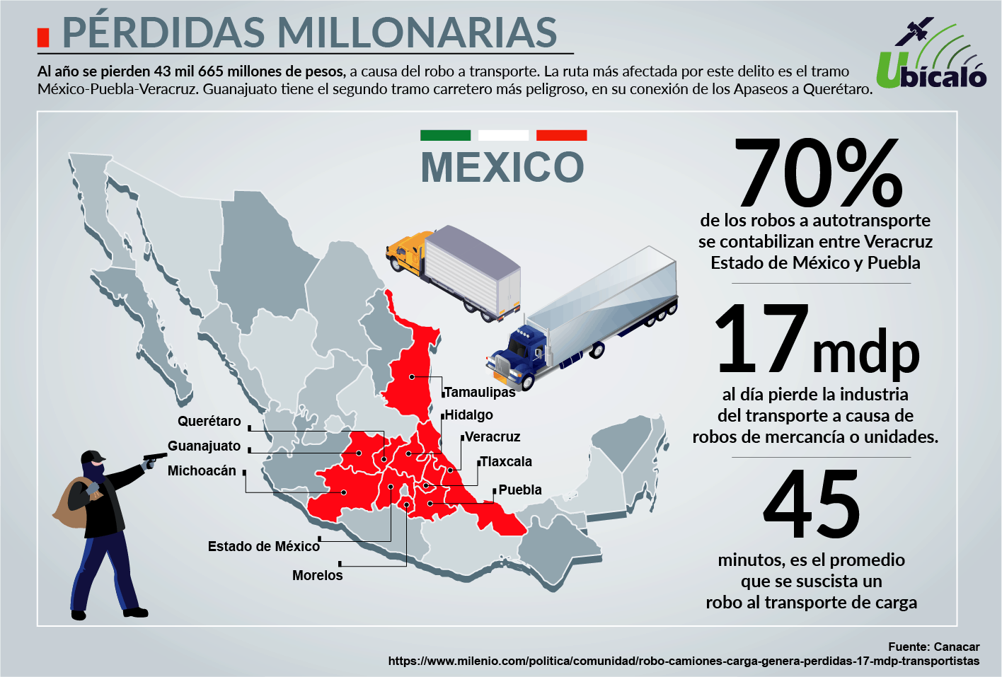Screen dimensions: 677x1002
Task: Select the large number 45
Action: click(x=812, y=504)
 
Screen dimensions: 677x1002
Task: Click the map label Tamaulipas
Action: click(x=480, y=393)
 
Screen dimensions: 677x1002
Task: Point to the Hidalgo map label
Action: click(x=468, y=415)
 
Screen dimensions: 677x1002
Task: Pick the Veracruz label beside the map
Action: click(x=493, y=437)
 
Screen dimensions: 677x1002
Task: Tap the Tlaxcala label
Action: click(x=506, y=462)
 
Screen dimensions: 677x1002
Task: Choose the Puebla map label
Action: click(x=520, y=490)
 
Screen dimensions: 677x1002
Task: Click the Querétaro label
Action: click(x=209, y=422)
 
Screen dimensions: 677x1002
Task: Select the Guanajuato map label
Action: click(x=204, y=446)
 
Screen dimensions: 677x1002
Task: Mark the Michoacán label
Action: click(x=202, y=471)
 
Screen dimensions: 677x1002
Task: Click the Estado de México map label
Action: click(x=263, y=547)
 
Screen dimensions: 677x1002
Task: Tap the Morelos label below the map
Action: click(x=317, y=576)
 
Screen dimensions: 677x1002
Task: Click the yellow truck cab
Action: click(x=406, y=253)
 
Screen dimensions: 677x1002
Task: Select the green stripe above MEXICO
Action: click(x=445, y=135)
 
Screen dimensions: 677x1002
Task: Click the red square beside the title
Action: click(x=43, y=37)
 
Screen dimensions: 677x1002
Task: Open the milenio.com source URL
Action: click(x=684, y=661)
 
